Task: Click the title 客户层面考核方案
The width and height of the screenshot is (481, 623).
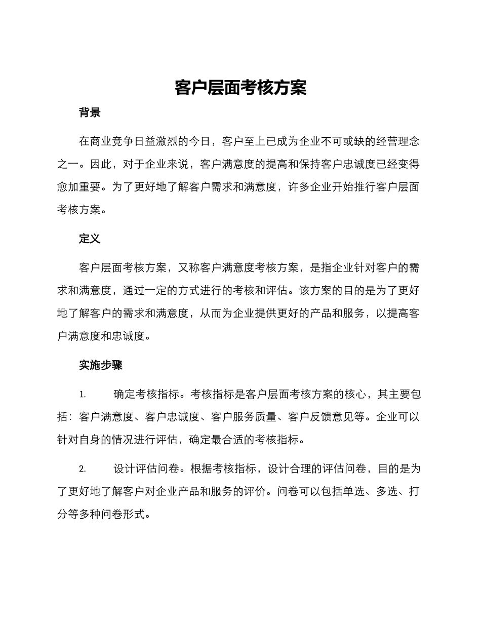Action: [x=240, y=88]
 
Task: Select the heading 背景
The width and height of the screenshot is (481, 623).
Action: [x=90, y=113]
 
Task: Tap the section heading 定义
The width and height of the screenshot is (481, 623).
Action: [x=90, y=239]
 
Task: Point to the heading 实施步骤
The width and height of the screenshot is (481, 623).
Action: [x=101, y=365]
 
